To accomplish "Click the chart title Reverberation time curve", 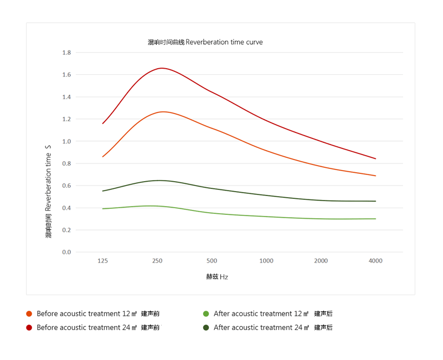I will point(205,42).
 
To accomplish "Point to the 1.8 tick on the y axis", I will point(66,53).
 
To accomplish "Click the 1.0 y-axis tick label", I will point(66,141).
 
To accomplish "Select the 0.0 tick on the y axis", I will point(66,252).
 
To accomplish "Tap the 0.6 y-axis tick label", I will point(66,186).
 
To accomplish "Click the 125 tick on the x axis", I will point(102,261).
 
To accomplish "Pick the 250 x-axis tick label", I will point(157,261).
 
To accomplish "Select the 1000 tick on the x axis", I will point(266,261).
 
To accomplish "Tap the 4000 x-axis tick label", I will point(375,261).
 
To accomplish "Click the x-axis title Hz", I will point(217,277).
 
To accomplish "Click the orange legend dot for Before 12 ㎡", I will point(29,313).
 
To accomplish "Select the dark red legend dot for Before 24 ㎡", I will point(29,327).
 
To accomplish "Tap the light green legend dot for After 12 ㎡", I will point(206,313).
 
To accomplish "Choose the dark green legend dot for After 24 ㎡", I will point(206,327).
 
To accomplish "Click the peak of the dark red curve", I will point(162,68).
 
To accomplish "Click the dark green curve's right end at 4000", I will point(375,201).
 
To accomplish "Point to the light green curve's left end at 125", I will point(103,209).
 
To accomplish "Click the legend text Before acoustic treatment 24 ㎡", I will point(98,327).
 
